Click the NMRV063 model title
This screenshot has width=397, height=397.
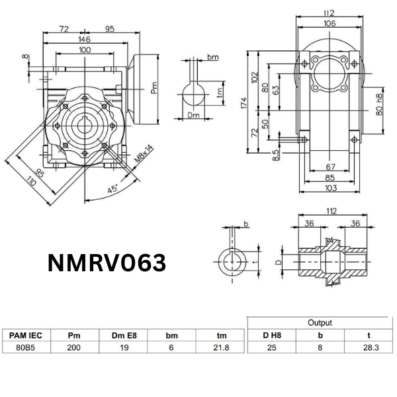coord(107,263)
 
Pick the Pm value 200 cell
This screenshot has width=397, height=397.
coord(74,348)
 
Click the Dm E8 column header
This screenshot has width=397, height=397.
coord(122,335)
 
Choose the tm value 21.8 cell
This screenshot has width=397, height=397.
coord(221,348)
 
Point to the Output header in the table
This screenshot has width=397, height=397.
coord(320,323)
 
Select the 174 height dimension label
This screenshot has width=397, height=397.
coord(244,102)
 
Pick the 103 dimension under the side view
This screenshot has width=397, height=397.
coord(331,189)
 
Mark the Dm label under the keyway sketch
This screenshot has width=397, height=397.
coord(193,115)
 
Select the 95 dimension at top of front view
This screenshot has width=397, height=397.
coord(110,30)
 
